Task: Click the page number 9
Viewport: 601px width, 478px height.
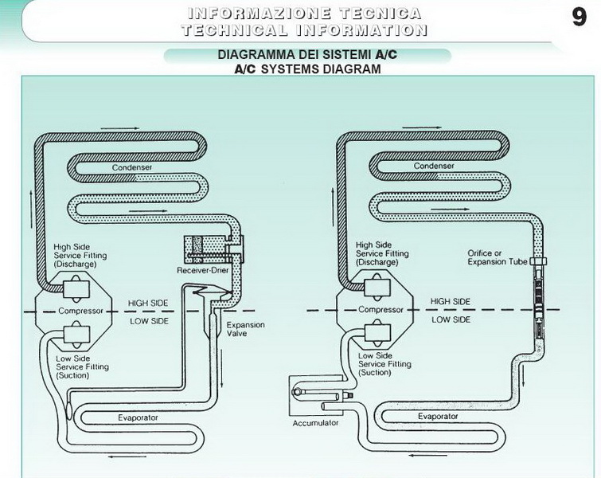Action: click(x=580, y=18)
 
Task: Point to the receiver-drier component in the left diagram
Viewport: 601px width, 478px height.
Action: click(x=209, y=250)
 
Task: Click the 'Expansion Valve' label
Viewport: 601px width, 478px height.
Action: click(x=246, y=330)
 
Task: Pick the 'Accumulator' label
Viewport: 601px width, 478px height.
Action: click(x=316, y=422)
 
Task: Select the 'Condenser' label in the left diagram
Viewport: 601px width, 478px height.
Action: click(x=131, y=167)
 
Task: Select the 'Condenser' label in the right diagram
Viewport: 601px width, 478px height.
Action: click(x=434, y=167)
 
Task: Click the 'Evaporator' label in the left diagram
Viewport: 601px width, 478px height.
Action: click(x=138, y=417)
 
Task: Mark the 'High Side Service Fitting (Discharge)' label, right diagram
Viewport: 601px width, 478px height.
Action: click(x=382, y=253)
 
